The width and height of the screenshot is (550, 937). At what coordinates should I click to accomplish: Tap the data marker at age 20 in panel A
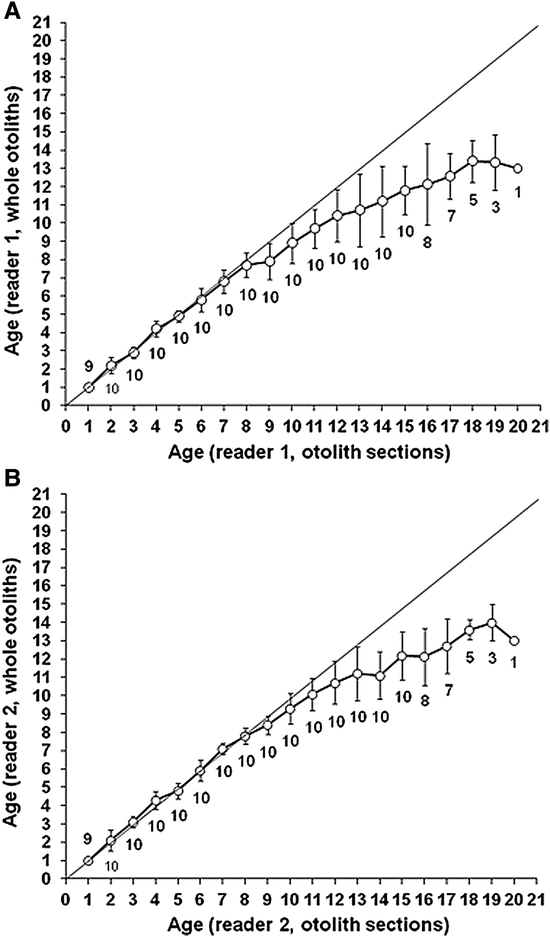[x=517, y=168]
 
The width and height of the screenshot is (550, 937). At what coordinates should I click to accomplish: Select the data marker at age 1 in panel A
[x=89, y=387]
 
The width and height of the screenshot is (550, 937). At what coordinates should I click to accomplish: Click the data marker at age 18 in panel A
[x=473, y=161]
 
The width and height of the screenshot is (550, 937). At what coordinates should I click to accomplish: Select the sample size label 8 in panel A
[x=427, y=243]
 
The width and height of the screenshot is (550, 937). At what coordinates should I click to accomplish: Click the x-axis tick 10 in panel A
[x=291, y=426]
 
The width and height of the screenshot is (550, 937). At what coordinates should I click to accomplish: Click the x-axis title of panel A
[x=309, y=452]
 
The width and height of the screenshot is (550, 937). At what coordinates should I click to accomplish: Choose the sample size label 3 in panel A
[x=495, y=207]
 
